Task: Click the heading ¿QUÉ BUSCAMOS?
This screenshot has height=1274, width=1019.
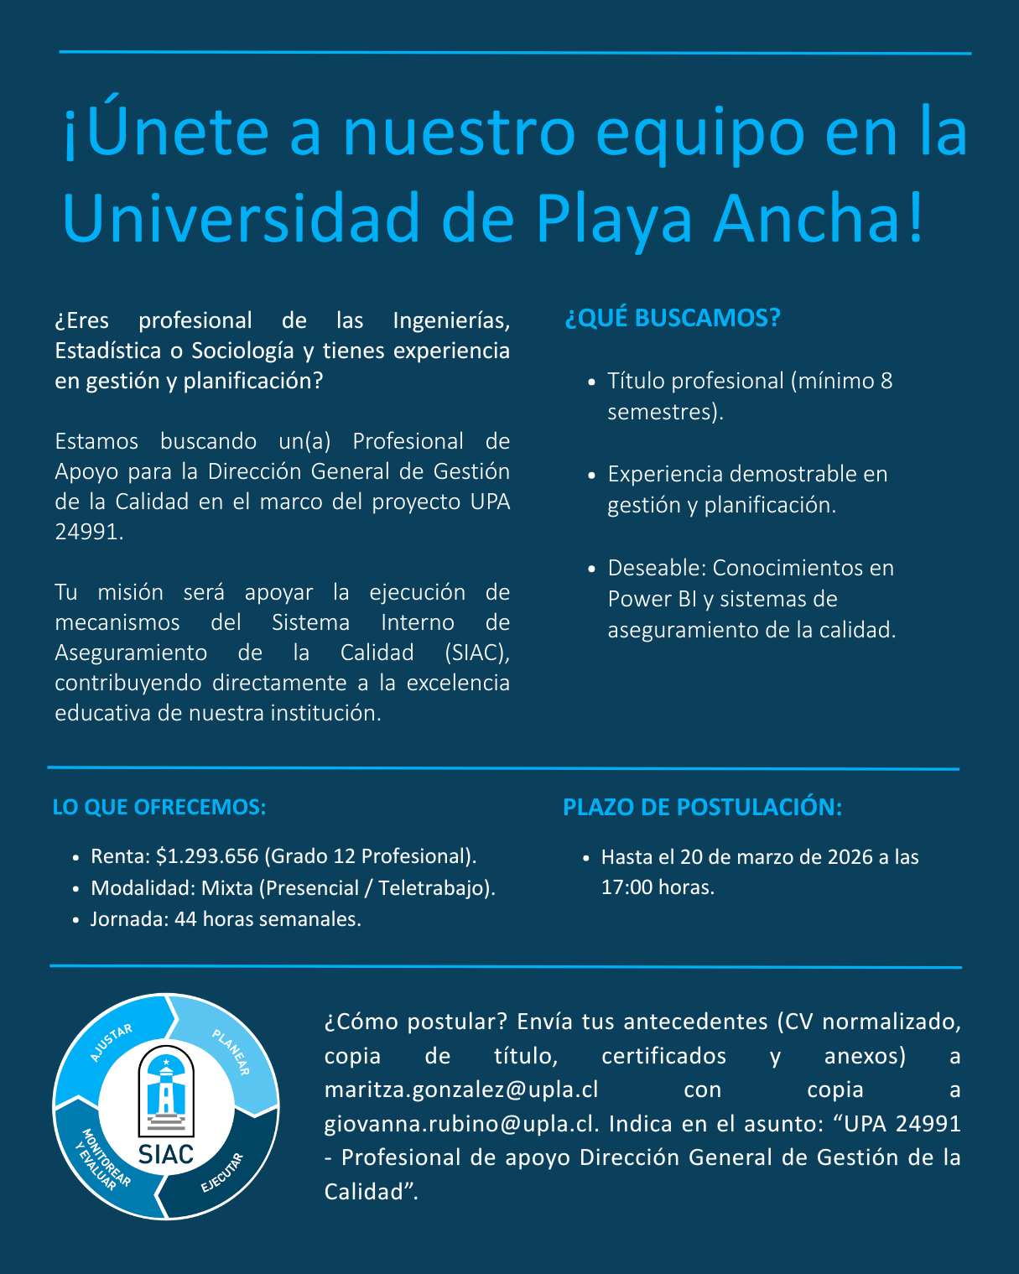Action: click(x=672, y=319)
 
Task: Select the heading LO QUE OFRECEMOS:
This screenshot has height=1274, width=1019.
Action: click(x=159, y=807)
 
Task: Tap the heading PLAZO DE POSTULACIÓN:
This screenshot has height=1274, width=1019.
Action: click(x=702, y=807)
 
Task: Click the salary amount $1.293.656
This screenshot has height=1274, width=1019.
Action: click(x=207, y=856)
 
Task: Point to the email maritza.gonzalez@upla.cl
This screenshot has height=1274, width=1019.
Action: click(x=461, y=1089)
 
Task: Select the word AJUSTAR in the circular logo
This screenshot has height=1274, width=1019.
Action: click(x=111, y=1043)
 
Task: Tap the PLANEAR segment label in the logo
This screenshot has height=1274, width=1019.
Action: click(x=231, y=1052)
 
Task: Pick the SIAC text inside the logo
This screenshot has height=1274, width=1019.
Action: click(x=166, y=1155)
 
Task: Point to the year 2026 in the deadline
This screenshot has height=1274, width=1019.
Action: click(x=850, y=857)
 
